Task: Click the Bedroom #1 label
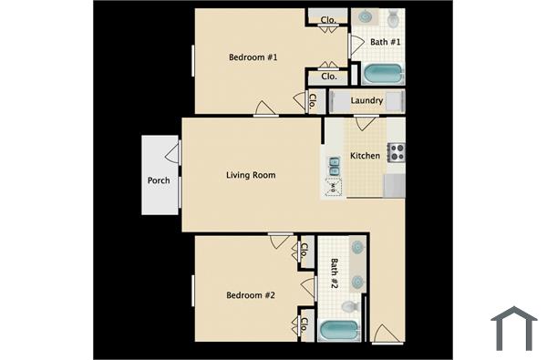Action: tap(253, 57)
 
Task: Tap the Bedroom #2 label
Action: tap(252, 295)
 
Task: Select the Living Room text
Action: tap(251, 175)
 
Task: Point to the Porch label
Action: tap(159, 180)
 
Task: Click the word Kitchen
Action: tap(366, 156)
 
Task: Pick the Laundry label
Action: tap(366, 101)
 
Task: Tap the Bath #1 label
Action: tap(385, 43)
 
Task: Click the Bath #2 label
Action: tap(335, 273)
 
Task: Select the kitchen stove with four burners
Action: tap(396, 152)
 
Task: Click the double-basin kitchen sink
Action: tap(334, 165)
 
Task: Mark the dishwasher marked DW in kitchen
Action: tap(334, 187)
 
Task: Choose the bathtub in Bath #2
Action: tap(339, 331)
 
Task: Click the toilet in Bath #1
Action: tap(394, 17)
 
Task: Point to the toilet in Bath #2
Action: tap(357, 282)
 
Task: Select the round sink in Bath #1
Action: tap(366, 16)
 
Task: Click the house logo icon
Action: tap(513, 328)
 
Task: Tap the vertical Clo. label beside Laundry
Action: tap(312, 101)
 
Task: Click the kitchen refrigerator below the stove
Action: tap(394, 185)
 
